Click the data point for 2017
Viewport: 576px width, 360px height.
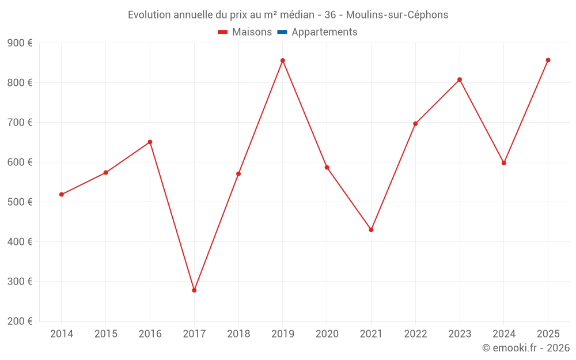pyautogui.click(x=194, y=290)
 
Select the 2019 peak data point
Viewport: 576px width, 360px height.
pyautogui.click(x=283, y=60)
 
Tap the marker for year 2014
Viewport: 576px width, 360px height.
pyautogui.click(x=62, y=195)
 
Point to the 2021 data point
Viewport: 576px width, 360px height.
pyautogui.click(x=371, y=230)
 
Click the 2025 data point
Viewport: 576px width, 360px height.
pyautogui.click(x=548, y=60)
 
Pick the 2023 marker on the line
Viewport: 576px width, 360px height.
pyautogui.click(x=460, y=79)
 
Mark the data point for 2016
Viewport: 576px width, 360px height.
pyautogui.click(x=150, y=142)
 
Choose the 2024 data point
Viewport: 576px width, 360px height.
pyautogui.click(x=504, y=163)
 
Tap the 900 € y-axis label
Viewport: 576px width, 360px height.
pyautogui.click(x=20, y=43)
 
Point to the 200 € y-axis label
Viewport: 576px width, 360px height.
pyautogui.click(x=20, y=321)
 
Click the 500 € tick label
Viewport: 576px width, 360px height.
pyautogui.click(x=20, y=202)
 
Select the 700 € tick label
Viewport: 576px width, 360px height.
pyautogui.click(x=20, y=123)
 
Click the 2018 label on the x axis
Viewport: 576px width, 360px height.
pyautogui.click(x=238, y=334)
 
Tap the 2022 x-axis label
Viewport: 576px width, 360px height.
pyautogui.click(x=415, y=334)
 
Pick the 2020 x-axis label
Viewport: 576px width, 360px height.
pyautogui.click(x=327, y=334)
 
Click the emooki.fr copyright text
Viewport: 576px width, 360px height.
pyautogui.click(x=525, y=348)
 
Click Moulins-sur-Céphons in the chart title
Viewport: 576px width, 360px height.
pyautogui.click(x=397, y=15)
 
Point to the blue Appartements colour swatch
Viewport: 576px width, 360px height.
pyautogui.click(x=282, y=32)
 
